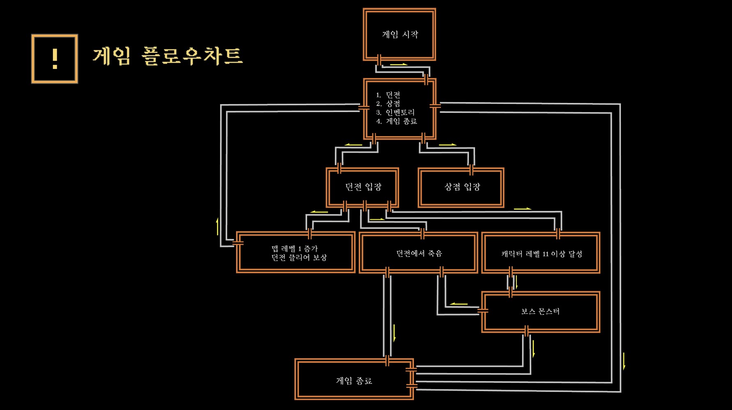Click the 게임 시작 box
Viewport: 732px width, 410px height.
399,34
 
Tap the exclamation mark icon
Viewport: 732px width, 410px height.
55,59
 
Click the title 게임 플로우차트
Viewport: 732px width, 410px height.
168,56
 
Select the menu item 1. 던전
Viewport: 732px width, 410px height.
388,95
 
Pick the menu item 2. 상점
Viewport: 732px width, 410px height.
388,103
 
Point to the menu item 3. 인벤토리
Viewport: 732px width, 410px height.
395,112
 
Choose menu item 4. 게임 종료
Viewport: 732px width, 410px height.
397,121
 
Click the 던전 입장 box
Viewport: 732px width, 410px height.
363,187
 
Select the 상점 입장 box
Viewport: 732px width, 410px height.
461,187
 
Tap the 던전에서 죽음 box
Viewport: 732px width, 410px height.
419,253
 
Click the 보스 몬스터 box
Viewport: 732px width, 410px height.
540,312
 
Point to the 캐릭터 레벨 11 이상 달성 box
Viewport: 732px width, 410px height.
541,254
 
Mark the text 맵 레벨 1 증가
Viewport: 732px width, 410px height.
295,248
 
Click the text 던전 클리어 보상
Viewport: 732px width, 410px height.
299,258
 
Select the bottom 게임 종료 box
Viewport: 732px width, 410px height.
354,380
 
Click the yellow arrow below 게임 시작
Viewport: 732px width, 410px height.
399,64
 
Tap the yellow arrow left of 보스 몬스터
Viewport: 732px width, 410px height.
459,304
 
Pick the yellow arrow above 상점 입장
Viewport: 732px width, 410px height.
447,145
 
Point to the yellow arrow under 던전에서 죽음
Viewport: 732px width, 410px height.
395,333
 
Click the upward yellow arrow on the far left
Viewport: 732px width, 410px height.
217,227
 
